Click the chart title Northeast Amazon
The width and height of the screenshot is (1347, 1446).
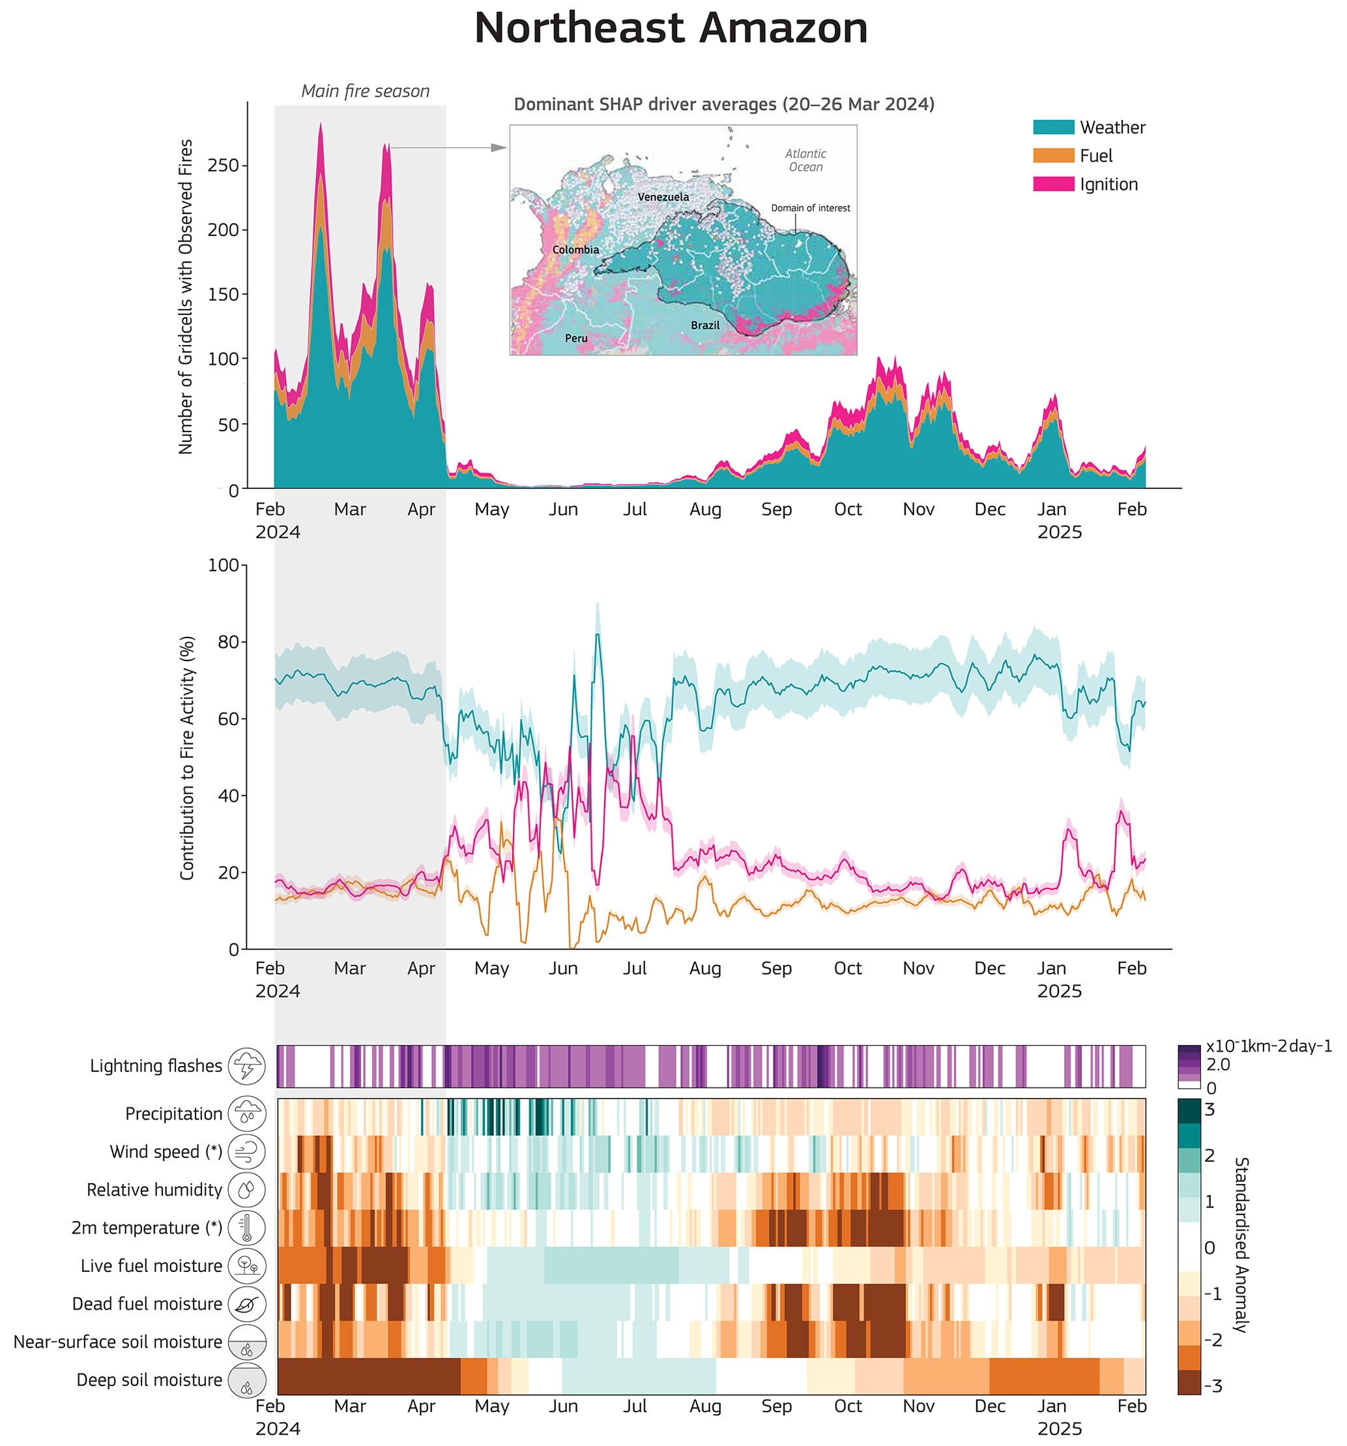[670, 29]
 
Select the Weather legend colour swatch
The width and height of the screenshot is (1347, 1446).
[1052, 127]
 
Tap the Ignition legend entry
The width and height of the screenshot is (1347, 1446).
[1108, 184]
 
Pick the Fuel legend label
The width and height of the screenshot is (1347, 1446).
[1095, 156]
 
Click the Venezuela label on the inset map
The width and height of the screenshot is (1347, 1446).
[663, 197]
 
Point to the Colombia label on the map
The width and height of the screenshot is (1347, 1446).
[575, 250]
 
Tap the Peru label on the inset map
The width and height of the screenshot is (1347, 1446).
[575, 338]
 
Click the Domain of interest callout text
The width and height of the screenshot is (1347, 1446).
[810, 208]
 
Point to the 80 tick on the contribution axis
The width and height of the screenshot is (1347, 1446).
[229, 642]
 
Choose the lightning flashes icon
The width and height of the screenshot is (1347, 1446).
[246, 1067]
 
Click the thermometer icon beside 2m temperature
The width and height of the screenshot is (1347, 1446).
[246, 1228]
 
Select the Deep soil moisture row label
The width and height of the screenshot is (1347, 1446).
[149, 1380]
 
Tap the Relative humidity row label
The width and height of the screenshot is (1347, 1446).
[154, 1190]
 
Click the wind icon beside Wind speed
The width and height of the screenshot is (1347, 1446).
[246, 1152]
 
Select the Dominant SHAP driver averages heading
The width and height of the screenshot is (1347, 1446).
[723, 105]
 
